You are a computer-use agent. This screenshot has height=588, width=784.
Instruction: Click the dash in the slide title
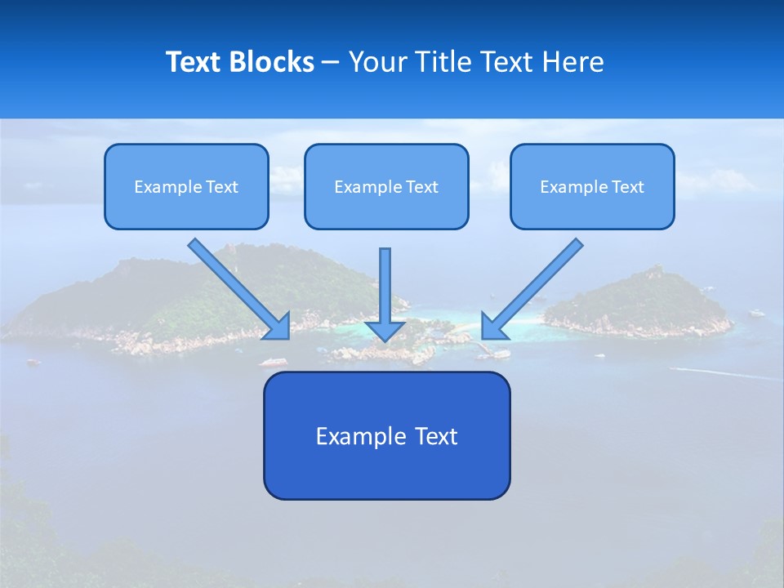[x=331, y=62]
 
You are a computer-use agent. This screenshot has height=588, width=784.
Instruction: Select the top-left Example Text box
[x=186, y=186]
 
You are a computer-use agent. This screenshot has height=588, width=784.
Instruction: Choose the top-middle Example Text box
[x=386, y=186]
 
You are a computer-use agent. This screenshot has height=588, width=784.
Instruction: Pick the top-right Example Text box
[x=592, y=186]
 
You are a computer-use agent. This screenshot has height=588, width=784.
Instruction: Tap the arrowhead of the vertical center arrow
[x=385, y=331]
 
